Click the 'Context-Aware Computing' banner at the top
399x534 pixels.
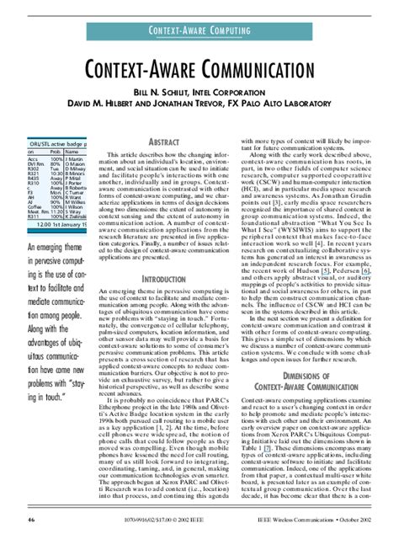[x=199, y=31]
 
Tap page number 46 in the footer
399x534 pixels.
[x=31, y=523]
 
